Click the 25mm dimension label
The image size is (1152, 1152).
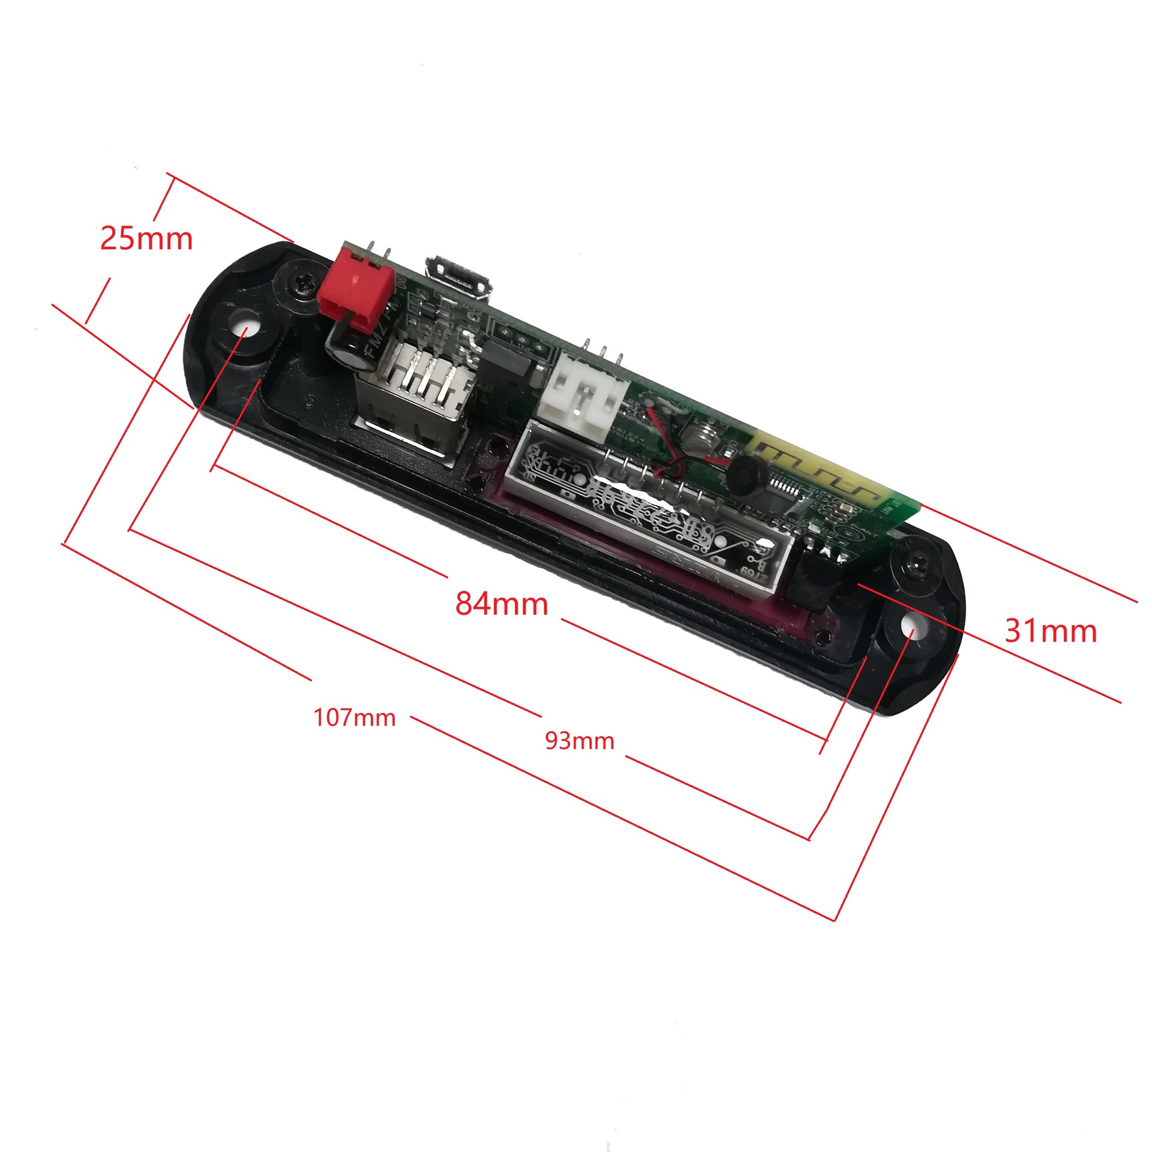click(x=146, y=239)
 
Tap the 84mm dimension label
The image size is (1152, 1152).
click(x=502, y=604)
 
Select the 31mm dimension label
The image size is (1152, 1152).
click(x=1051, y=631)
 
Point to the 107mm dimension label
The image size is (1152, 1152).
click(x=355, y=718)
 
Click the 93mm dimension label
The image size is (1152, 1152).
click(x=580, y=741)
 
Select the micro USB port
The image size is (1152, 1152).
click(x=460, y=279)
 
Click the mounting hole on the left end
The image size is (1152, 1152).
click(x=246, y=330)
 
